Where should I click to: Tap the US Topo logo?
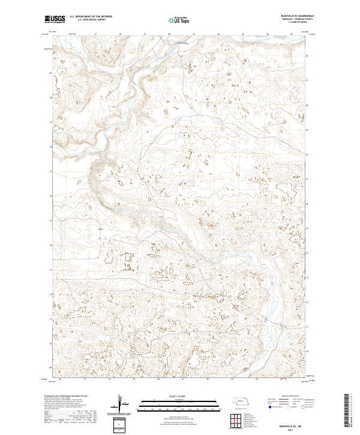180,20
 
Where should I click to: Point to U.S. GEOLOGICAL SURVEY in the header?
88,20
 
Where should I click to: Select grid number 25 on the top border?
291,34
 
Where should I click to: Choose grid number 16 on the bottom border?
61,379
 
